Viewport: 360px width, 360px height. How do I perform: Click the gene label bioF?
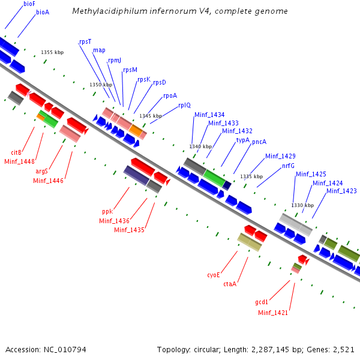[29, 4]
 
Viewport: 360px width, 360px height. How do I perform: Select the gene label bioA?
[43, 12]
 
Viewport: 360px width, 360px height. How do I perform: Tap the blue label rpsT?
[85, 41]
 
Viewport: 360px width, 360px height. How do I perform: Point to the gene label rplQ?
[184, 106]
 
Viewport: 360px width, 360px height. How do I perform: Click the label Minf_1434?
[209, 115]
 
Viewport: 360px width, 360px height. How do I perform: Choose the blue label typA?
[242, 140]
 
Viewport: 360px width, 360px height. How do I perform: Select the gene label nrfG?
[288, 166]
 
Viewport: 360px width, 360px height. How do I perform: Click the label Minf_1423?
[341, 191]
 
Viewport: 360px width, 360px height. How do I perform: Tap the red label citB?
[16, 152]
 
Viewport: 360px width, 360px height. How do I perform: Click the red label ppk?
[107, 211]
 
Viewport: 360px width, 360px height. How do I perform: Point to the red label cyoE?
[214, 275]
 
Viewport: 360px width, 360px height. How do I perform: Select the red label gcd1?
[262, 302]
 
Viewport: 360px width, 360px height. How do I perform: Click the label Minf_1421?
[273, 313]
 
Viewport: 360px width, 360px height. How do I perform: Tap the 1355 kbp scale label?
[52, 52]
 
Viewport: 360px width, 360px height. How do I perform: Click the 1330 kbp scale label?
[302, 205]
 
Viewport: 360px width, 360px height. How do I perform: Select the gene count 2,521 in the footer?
[343, 349]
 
